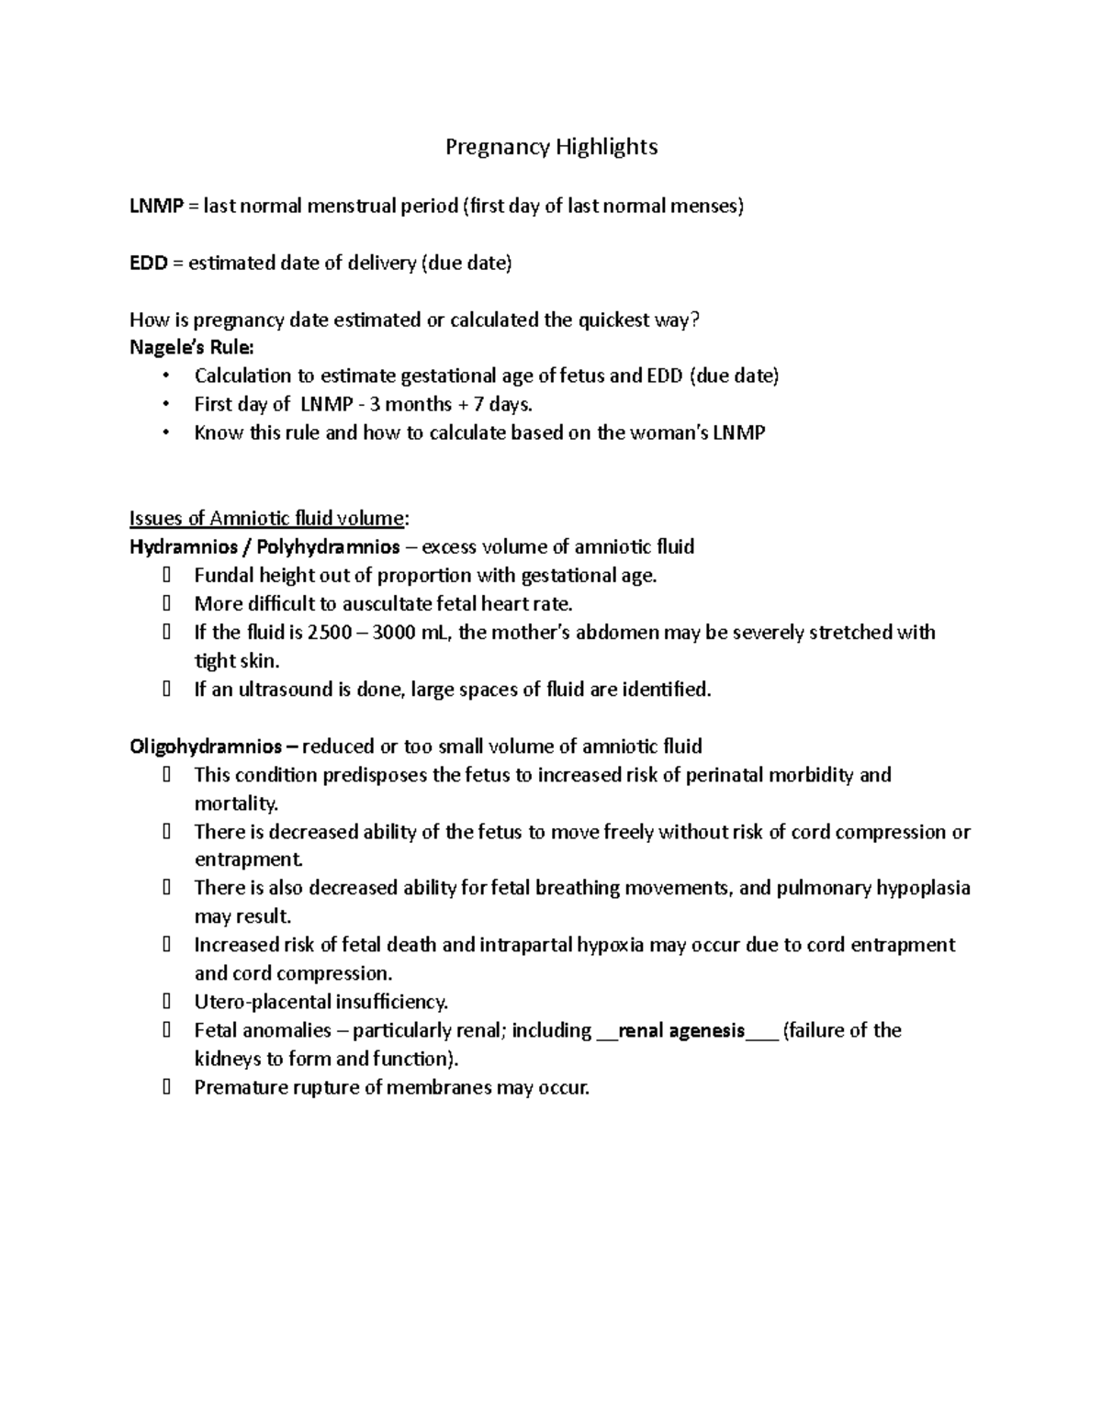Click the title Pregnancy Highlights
(x=551, y=147)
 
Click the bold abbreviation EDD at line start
(x=148, y=264)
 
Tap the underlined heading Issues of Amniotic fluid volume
(x=266, y=519)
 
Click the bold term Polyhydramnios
(x=328, y=547)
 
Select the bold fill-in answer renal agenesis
(x=681, y=1031)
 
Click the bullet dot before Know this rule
(x=165, y=433)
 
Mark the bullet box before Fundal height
(x=166, y=577)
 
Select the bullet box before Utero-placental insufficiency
(x=166, y=1003)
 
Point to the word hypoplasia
(x=923, y=889)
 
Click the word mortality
(x=235, y=804)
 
